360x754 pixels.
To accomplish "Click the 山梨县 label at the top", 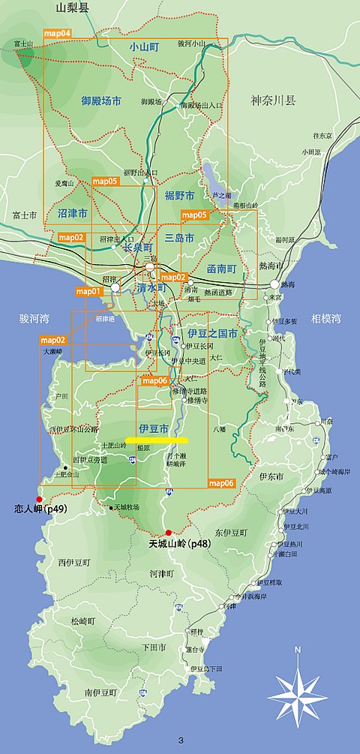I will [72, 8].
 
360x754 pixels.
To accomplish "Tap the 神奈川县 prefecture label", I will [274, 99].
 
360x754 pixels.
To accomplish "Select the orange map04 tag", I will [57, 33].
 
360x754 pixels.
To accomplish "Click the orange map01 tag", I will [88, 290].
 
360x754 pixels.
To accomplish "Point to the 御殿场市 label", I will [101, 100].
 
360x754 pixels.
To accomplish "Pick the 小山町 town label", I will [143, 47].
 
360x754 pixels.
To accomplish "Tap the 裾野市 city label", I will [180, 195].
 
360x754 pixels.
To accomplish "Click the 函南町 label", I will [221, 268].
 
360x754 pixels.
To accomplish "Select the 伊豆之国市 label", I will [212, 332].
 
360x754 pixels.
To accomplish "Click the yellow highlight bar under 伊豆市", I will [156, 440].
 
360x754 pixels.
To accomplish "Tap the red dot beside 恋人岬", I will [40, 498].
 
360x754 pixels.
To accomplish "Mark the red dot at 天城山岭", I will [169, 532].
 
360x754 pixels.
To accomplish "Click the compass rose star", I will [298, 690].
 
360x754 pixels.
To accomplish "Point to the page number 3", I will [181, 741].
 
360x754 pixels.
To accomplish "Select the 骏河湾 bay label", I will [34, 319].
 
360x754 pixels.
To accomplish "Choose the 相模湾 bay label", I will [326, 319].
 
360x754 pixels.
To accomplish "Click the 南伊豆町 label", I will [100, 693].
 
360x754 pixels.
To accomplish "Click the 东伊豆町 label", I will [229, 533].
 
